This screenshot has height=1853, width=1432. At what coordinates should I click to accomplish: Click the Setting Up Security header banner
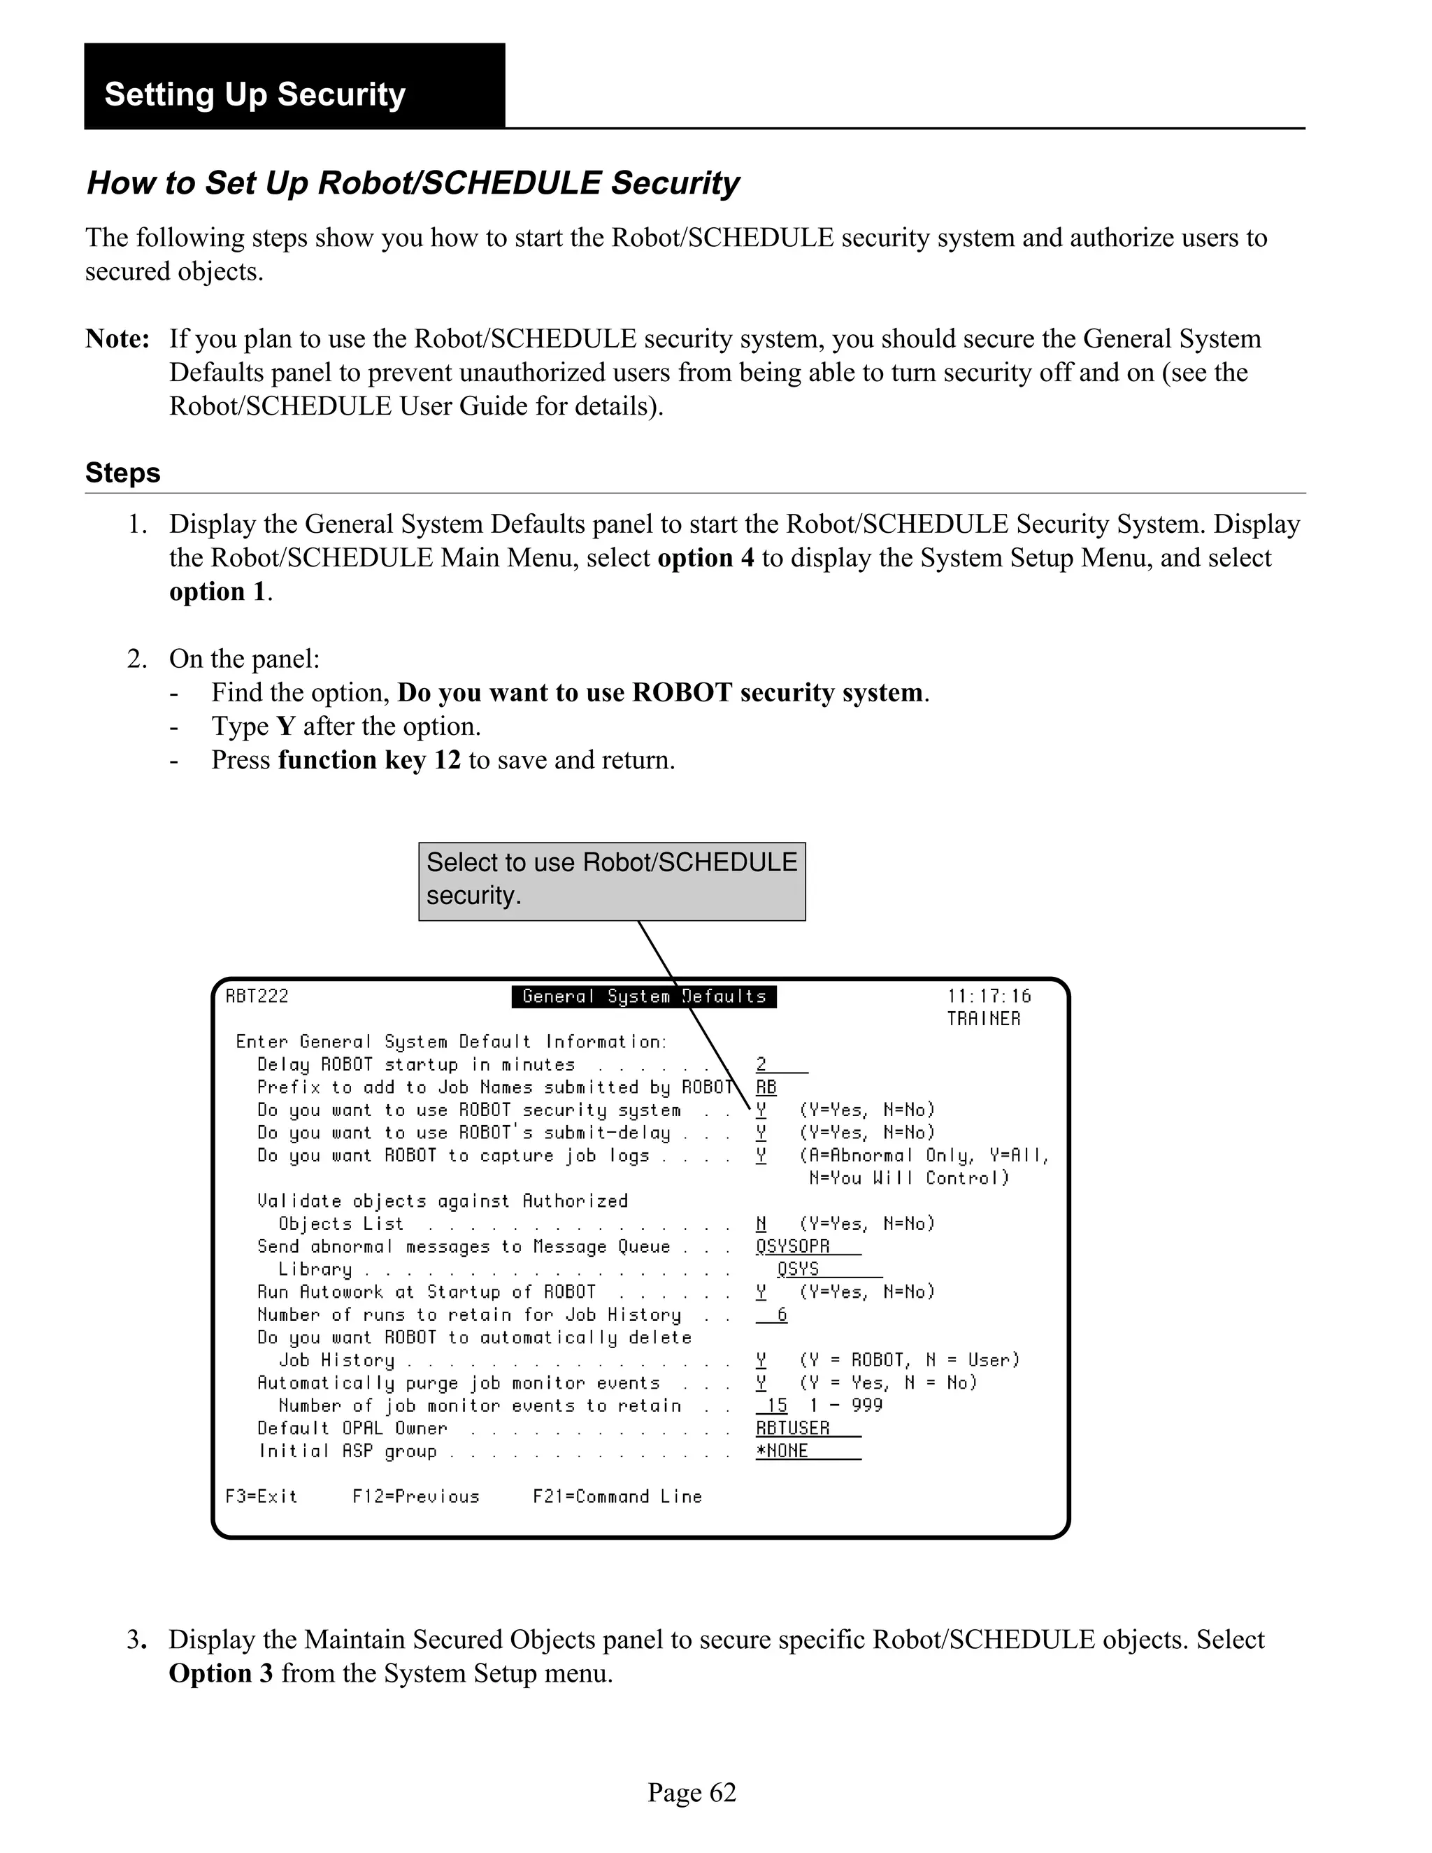294,87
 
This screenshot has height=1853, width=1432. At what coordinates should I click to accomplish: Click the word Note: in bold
117,338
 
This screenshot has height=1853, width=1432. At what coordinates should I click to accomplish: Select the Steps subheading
122,473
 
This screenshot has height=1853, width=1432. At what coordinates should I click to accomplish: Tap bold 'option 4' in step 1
705,558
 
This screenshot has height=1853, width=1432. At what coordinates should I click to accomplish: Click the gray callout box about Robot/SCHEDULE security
612,880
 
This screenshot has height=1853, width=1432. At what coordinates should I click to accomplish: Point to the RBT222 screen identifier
256,996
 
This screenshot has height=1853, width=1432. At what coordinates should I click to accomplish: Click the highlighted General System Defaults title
644,996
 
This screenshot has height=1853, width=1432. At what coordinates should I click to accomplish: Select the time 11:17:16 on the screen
988,996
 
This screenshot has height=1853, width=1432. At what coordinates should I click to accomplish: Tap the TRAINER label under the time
983,1019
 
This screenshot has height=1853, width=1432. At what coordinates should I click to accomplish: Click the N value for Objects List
761,1224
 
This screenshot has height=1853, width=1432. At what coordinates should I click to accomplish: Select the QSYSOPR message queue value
792,1246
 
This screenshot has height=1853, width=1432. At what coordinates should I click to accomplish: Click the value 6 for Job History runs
781,1315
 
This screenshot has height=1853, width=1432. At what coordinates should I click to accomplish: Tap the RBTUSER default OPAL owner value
792,1429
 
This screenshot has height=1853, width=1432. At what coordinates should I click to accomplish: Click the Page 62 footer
692,1793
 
